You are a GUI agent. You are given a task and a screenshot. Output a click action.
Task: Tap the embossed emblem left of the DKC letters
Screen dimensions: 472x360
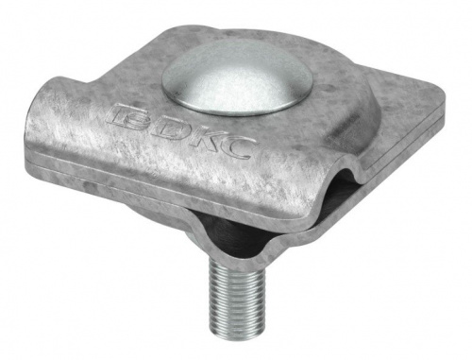pyautogui.click(x=128, y=117)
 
